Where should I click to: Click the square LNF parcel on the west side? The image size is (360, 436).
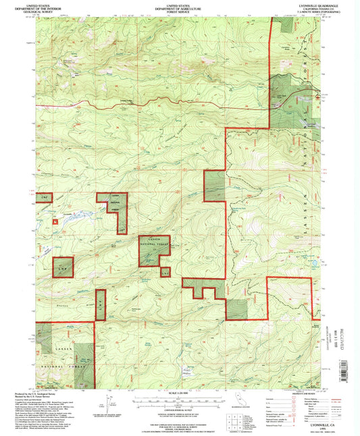pyautogui.click(x=63, y=267)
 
